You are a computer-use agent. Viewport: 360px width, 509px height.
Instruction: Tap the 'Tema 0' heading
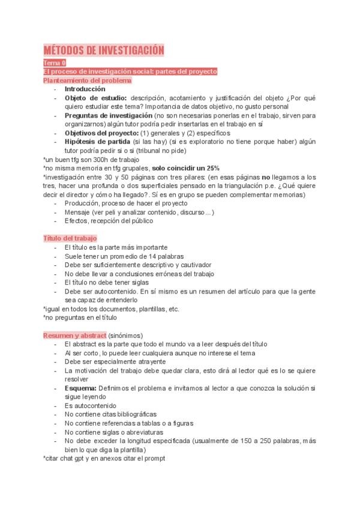pyautogui.click(x=55, y=62)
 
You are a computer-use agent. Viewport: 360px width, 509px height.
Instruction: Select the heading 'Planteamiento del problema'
pyautogui.click(x=87, y=80)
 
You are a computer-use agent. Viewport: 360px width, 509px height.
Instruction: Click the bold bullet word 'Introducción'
pyautogui.click(x=85, y=89)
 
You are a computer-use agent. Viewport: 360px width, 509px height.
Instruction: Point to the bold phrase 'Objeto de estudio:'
pyautogui.click(x=95, y=98)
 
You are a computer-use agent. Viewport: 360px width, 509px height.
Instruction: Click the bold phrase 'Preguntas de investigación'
pyautogui.click(x=108, y=115)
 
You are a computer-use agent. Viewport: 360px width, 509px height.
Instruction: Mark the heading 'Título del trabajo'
pyautogui.click(x=70, y=238)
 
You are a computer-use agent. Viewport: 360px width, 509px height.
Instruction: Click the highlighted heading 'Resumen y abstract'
pyautogui.click(x=74, y=335)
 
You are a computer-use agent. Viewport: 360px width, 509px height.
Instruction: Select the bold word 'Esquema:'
pyautogui.click(x=80, y=388)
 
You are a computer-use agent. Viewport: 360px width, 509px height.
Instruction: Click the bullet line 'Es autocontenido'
pyautogui.click(x=91, y=406)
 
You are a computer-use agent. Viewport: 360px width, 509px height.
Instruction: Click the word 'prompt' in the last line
pyautogui.click(x=153, y=458)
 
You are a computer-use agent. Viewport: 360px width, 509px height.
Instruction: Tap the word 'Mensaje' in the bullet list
pyautogui.click(x=78, y=212)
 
